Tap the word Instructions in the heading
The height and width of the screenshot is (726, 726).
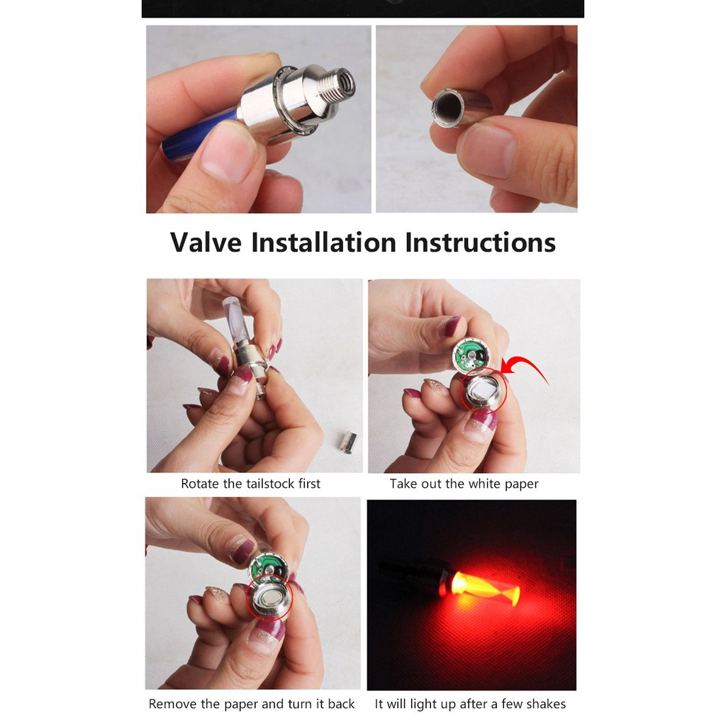(x=481, y=242)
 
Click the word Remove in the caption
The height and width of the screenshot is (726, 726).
(x=172, y=704)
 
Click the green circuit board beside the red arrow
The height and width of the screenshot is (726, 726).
(x=472, y=354)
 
